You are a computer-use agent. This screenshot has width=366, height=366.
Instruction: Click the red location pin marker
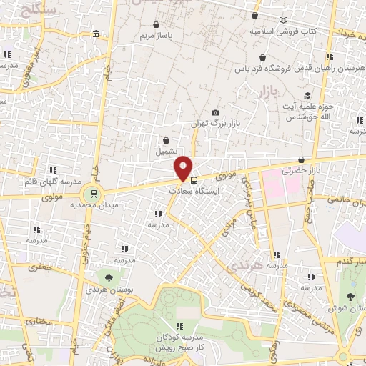[184, 167]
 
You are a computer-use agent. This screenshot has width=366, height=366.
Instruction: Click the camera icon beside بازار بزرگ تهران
[216, 113]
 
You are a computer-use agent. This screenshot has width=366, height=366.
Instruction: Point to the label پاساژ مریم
[157, 35]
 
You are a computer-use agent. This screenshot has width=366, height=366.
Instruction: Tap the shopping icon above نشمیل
[166, 141]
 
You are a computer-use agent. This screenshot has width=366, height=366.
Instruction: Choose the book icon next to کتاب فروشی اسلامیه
[284, 20]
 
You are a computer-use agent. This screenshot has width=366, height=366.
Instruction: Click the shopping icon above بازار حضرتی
[300, 159]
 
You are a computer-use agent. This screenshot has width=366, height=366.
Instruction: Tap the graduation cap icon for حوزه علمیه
[307, 96]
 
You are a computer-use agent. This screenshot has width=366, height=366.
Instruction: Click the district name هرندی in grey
[239, 267]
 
